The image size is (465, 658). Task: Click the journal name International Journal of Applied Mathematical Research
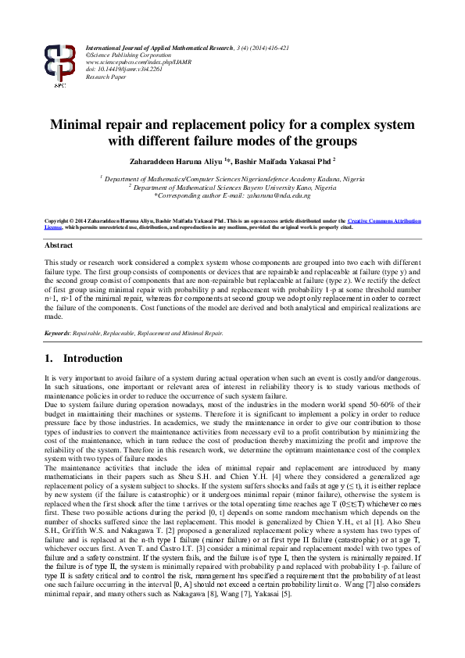point(159,48)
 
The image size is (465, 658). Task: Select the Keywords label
point(58,333)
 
